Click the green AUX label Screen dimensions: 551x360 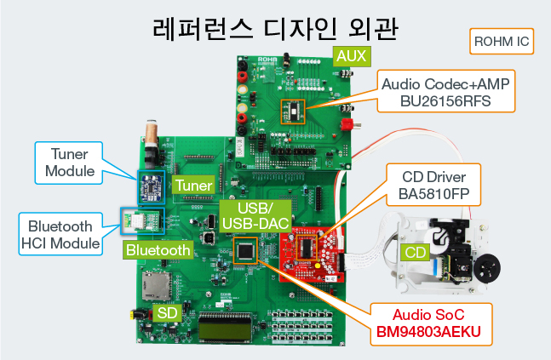tap(352, 56)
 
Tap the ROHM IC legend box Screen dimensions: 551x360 tap(502, 42)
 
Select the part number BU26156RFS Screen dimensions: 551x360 tap(445, 101)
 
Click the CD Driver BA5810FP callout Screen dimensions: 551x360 tap(433, 185)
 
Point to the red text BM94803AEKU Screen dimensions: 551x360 tap(428, 332)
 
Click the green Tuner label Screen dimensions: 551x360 tap(193, 185)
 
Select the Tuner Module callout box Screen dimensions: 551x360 tap(69, 163)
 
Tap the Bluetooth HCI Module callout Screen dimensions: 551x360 tap(60, 234)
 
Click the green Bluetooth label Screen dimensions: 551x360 tap(158, 250)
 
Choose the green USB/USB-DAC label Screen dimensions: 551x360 tap(255, 216)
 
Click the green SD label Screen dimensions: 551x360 tap(167, 313)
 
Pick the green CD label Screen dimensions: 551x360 tap(415, 252)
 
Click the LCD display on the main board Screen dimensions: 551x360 tap(225, 328)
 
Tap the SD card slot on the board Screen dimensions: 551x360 tap(156, 286)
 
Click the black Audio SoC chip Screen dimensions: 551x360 tap(245, 250)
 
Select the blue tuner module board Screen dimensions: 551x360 tap(151, 187)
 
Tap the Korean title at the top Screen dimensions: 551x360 tap(276, 28)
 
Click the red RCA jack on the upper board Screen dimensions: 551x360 tap(347, 124)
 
